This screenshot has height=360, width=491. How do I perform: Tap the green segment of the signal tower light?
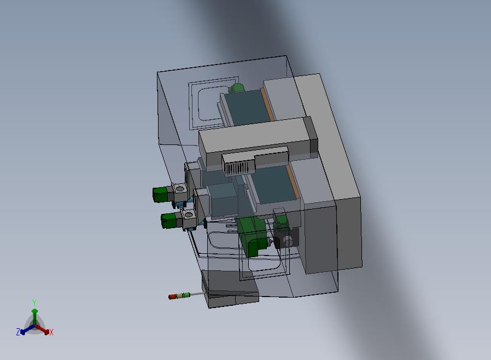click(x=186, y=294)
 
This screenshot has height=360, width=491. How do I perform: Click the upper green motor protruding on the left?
click(x=160, y=194)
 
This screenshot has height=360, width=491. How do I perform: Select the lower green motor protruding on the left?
click(x=168, y=220)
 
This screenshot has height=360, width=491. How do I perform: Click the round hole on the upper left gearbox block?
click(x=180, y=189)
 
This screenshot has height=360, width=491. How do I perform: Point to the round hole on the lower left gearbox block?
click(x=189, y=215)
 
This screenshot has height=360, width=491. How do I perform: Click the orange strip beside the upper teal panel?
click(x=267, y=104)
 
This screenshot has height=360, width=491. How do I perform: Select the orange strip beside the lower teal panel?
click(x=292, y=182)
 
